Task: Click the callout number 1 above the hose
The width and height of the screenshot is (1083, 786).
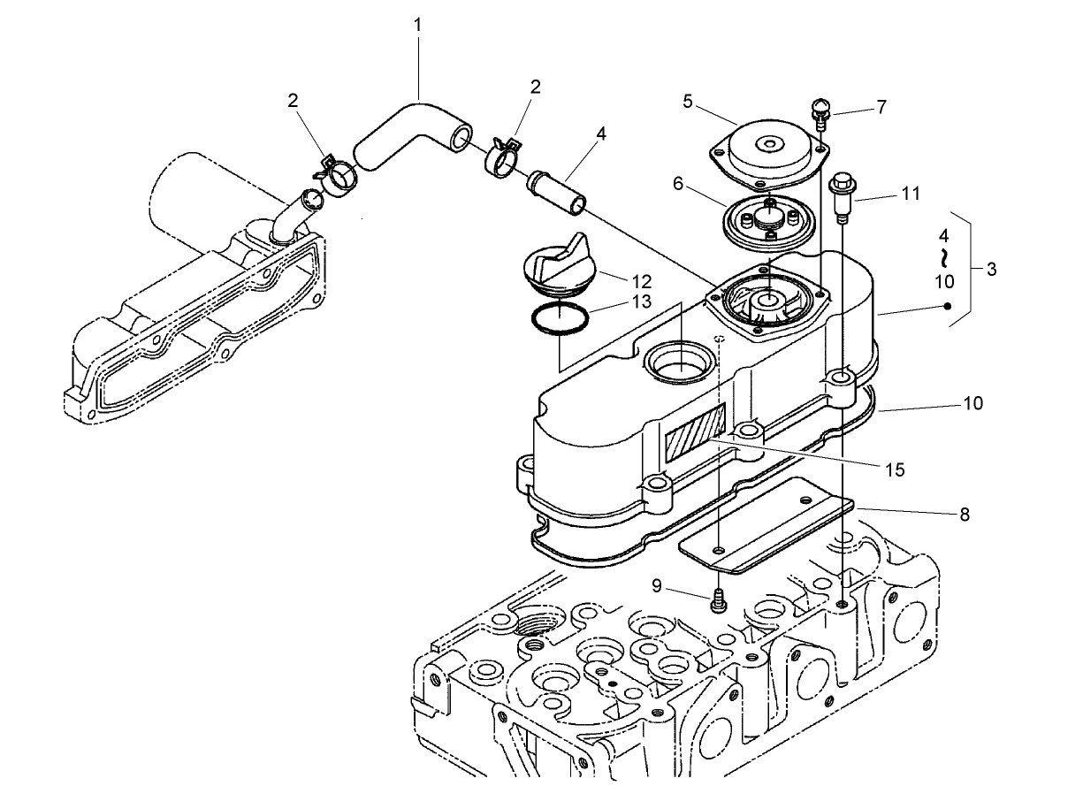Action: tap(417, 25)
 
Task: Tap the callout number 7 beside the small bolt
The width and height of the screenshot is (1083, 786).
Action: tap(882, 107)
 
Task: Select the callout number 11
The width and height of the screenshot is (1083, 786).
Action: tap(911, 194)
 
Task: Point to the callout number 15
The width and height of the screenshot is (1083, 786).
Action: tap(895, 469)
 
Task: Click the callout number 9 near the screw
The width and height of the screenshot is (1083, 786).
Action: tap(657, 586)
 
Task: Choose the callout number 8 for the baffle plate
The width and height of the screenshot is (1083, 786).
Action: tap(965, 515)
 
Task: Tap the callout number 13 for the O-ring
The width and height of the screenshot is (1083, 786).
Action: tap(642, 301)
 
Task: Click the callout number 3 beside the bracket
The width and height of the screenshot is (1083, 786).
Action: tap(992, 270)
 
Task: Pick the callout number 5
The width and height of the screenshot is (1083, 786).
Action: tap(688, 102)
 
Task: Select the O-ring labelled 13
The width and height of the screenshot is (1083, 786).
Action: tap(560, 318)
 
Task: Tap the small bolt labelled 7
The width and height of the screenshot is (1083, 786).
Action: tap(820, 113)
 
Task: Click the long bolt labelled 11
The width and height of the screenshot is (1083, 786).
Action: tap(842, 199)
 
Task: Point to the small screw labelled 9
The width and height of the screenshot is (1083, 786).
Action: tap(718, 600)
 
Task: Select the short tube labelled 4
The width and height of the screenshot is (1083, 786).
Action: tap(556, 193)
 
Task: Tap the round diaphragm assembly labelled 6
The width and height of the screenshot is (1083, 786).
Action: tap(769, 223)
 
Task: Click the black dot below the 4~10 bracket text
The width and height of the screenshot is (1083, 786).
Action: tap(948, 306)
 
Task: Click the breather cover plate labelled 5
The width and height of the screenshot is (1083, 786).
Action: tap(770, 153)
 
